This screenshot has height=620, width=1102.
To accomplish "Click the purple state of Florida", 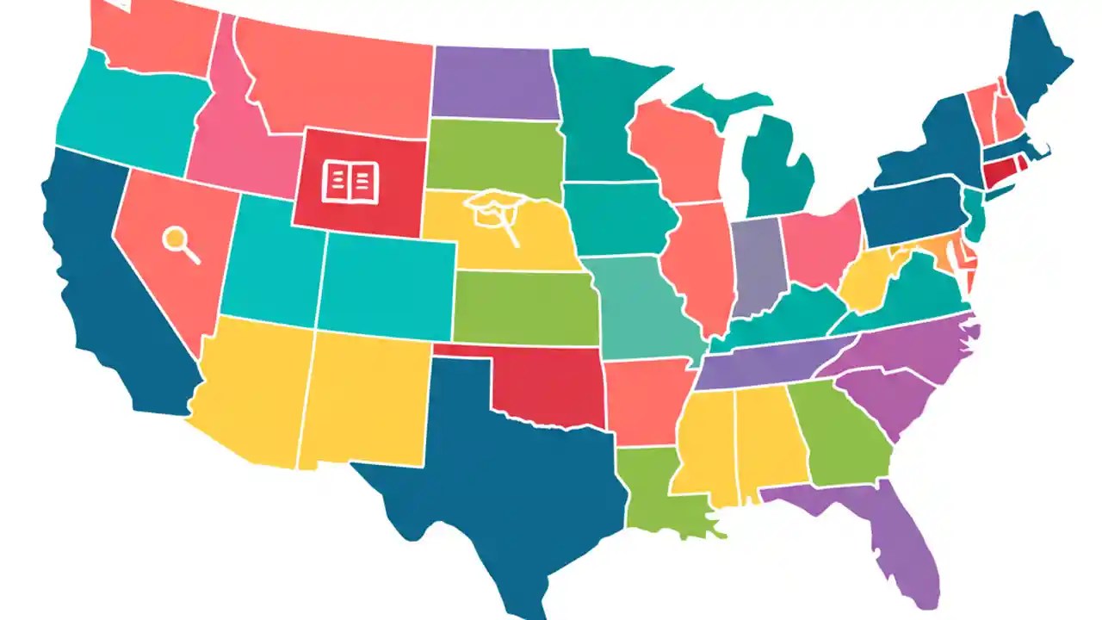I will [x=895, y=534].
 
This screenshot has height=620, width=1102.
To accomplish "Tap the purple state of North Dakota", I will [x=492, y=83].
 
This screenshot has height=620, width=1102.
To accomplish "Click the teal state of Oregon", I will [x=129, y=116].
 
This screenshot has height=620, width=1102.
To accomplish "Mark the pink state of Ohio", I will [x=822, y=245].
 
